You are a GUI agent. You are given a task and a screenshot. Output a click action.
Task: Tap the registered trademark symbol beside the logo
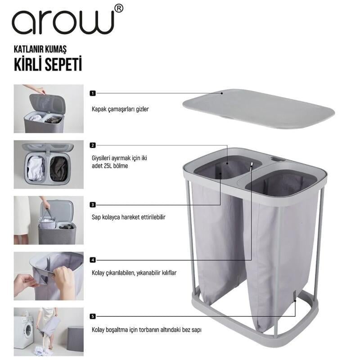(x=119, y=8)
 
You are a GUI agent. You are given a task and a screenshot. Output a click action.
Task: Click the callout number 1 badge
(x=93, y=93)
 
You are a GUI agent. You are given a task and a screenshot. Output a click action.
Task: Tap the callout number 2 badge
(x=93, y=145)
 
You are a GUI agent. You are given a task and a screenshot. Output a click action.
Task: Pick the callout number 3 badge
(x=93, y=204)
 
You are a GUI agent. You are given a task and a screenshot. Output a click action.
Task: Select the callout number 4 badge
(x=93, y=260)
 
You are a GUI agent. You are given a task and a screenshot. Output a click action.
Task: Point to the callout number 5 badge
(x=93, y=316)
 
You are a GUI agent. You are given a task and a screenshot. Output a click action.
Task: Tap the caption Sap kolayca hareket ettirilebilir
(x=129, y=217)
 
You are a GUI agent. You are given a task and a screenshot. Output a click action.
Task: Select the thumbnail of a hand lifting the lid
(x=49, y=108)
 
